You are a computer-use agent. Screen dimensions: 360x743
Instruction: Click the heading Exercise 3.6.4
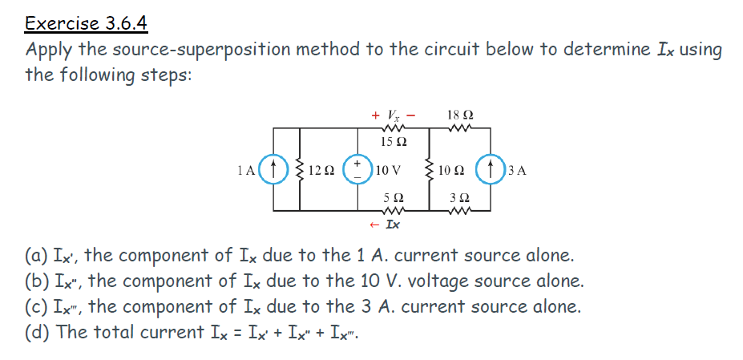[87, 23]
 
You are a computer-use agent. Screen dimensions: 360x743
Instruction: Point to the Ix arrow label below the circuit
[389, 224]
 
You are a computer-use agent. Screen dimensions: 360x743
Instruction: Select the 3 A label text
[517, 171]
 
